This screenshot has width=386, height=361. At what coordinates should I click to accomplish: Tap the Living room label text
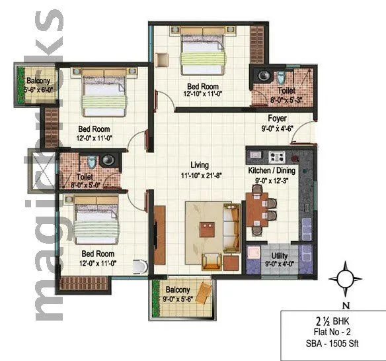[x=200, y=165]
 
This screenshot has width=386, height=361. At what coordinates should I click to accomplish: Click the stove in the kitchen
[x=276, y=158]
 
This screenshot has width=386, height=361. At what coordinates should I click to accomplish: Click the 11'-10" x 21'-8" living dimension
[x=200, y=175]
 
